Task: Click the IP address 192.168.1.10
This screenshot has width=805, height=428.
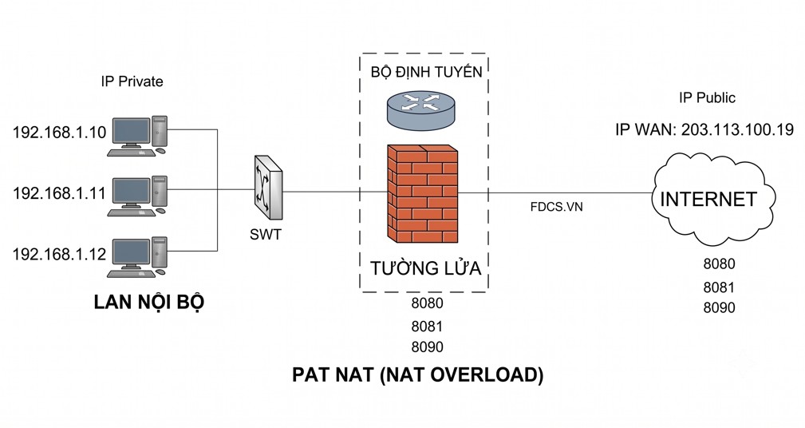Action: (x=60, y=133)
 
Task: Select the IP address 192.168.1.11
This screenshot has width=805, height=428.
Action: (x=60, y=193)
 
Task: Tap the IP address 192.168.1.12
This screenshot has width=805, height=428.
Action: (x=60, y=254)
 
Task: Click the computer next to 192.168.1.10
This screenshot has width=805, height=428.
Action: (x=137, y=136)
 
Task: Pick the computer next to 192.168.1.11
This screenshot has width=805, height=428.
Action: (x=137, y=196)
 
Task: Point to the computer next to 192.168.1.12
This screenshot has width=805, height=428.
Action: (x=137, y=257)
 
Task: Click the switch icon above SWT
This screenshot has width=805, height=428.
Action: (x=267, y=188)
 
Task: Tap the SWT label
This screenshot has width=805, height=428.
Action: (x=266, y=235)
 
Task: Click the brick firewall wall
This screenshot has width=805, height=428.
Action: (x=423, y=194)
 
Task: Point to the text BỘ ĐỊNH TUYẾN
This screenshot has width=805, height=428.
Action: (x=427, y=72)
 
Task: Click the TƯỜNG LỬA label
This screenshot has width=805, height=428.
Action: (x=425, y=267)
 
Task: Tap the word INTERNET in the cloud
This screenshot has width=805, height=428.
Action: (x=708, y=200)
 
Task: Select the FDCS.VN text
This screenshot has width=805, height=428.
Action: (x=557, y=207)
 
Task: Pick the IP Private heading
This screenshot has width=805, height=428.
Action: (x=132, y=81)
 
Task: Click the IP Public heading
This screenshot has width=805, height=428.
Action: (x=707, y=97)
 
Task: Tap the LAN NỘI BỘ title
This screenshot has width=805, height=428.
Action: (x=149, y=302)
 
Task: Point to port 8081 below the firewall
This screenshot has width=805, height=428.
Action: (x=427, y=327)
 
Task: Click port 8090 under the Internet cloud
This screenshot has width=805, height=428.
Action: (x=720, y=307)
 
